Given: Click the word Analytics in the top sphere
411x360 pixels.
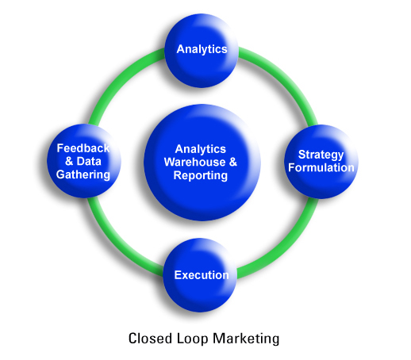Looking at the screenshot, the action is coord(202,49).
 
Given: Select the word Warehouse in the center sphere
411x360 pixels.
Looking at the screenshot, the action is coord(195,162).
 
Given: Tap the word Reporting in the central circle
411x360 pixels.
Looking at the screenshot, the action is coord(201,176).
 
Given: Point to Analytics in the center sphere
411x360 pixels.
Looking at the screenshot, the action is coord(201,150).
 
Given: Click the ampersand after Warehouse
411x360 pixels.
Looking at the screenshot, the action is coord(233,162).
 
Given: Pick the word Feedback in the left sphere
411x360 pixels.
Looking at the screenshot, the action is coord(83,148).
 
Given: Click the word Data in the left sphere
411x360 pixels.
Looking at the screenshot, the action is coord(89,161).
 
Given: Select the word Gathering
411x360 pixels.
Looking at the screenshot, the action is coord(83,175).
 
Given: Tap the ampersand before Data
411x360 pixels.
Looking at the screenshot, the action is coord(69,161).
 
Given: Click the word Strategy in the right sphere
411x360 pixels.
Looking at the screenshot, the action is coord(321,155).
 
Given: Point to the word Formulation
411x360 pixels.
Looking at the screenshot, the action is coord(321,167).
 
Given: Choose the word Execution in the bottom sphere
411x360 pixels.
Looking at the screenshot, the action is coord(202,275).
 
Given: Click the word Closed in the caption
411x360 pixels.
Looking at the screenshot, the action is coord(150,339).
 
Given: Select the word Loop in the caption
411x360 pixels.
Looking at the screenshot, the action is coord(192,339).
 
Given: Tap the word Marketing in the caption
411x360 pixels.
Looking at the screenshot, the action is coord(246,339).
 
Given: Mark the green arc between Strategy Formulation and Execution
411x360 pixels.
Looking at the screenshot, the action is coord(288,247).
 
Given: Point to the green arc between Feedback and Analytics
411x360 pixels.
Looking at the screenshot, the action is coord(117,77).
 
